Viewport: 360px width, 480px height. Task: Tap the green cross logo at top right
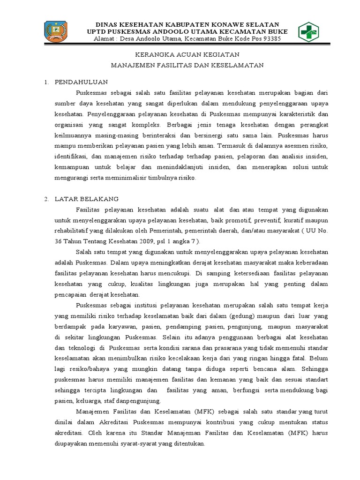click(308, 32)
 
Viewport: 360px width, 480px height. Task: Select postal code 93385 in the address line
click(270, 39)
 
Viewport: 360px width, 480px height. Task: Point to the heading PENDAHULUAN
click(81, 82)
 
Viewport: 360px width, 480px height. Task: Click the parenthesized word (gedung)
click(243, 316)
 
